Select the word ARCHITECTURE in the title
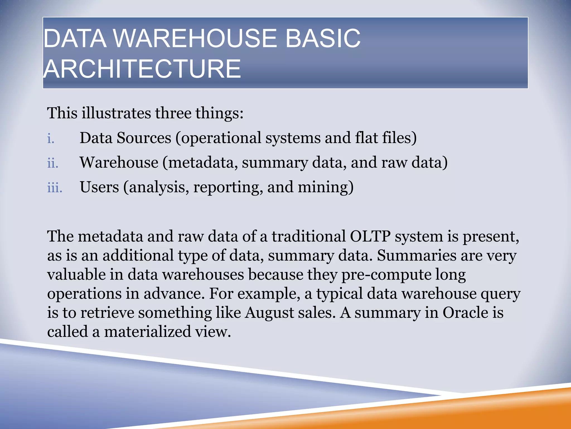(142, 69)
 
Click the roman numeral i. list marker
(51, 139)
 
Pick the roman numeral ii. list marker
(53, 163)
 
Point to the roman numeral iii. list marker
(55, 188)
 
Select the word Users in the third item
(99, 187)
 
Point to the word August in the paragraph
(269, 313)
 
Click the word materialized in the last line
(147, 332)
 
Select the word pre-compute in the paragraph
(386, 275)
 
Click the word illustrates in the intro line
(116, 113)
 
